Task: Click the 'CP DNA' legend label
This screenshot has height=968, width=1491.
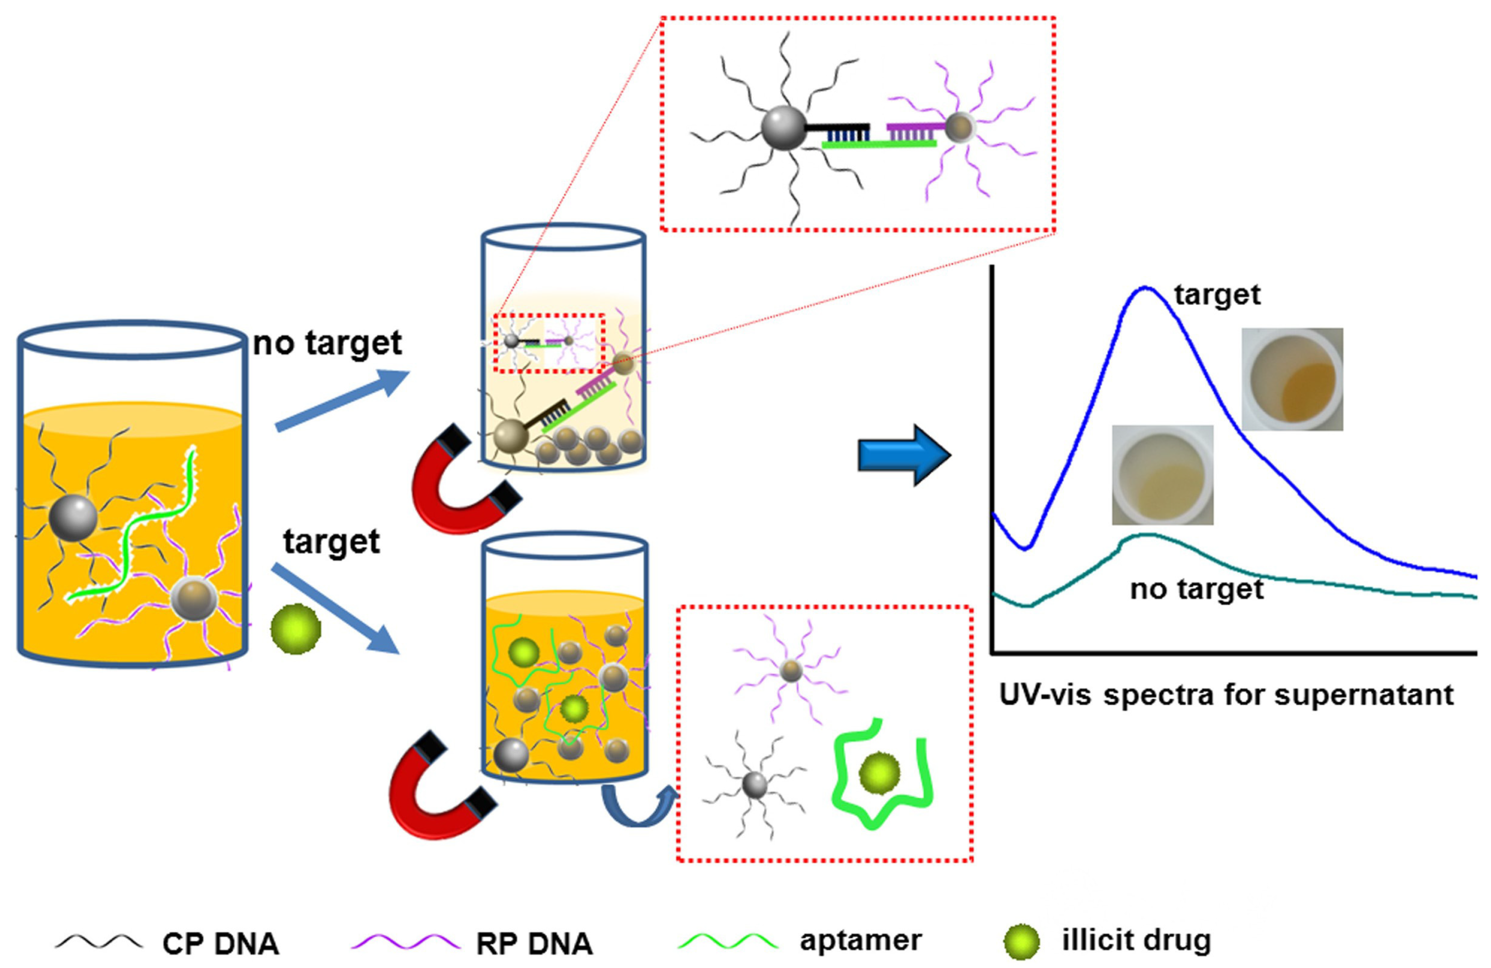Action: point(220,943)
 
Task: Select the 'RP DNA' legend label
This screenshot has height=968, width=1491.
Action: point(534,943)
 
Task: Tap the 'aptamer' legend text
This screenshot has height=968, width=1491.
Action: point(860,940)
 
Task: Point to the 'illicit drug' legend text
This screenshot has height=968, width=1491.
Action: point(1136,940)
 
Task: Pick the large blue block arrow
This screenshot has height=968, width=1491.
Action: point(903,455)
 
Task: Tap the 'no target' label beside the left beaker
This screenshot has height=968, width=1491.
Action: point(327,343)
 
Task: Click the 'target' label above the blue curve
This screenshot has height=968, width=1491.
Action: point(1217,294)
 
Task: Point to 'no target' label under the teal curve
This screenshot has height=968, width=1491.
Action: point(1197,589)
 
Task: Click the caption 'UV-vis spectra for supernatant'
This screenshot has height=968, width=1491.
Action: point(1226,695)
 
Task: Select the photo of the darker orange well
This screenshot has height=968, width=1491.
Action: point(1292,379)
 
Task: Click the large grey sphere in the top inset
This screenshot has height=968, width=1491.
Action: point(783,128)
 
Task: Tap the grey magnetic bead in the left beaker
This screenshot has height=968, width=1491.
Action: point(73,517)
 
